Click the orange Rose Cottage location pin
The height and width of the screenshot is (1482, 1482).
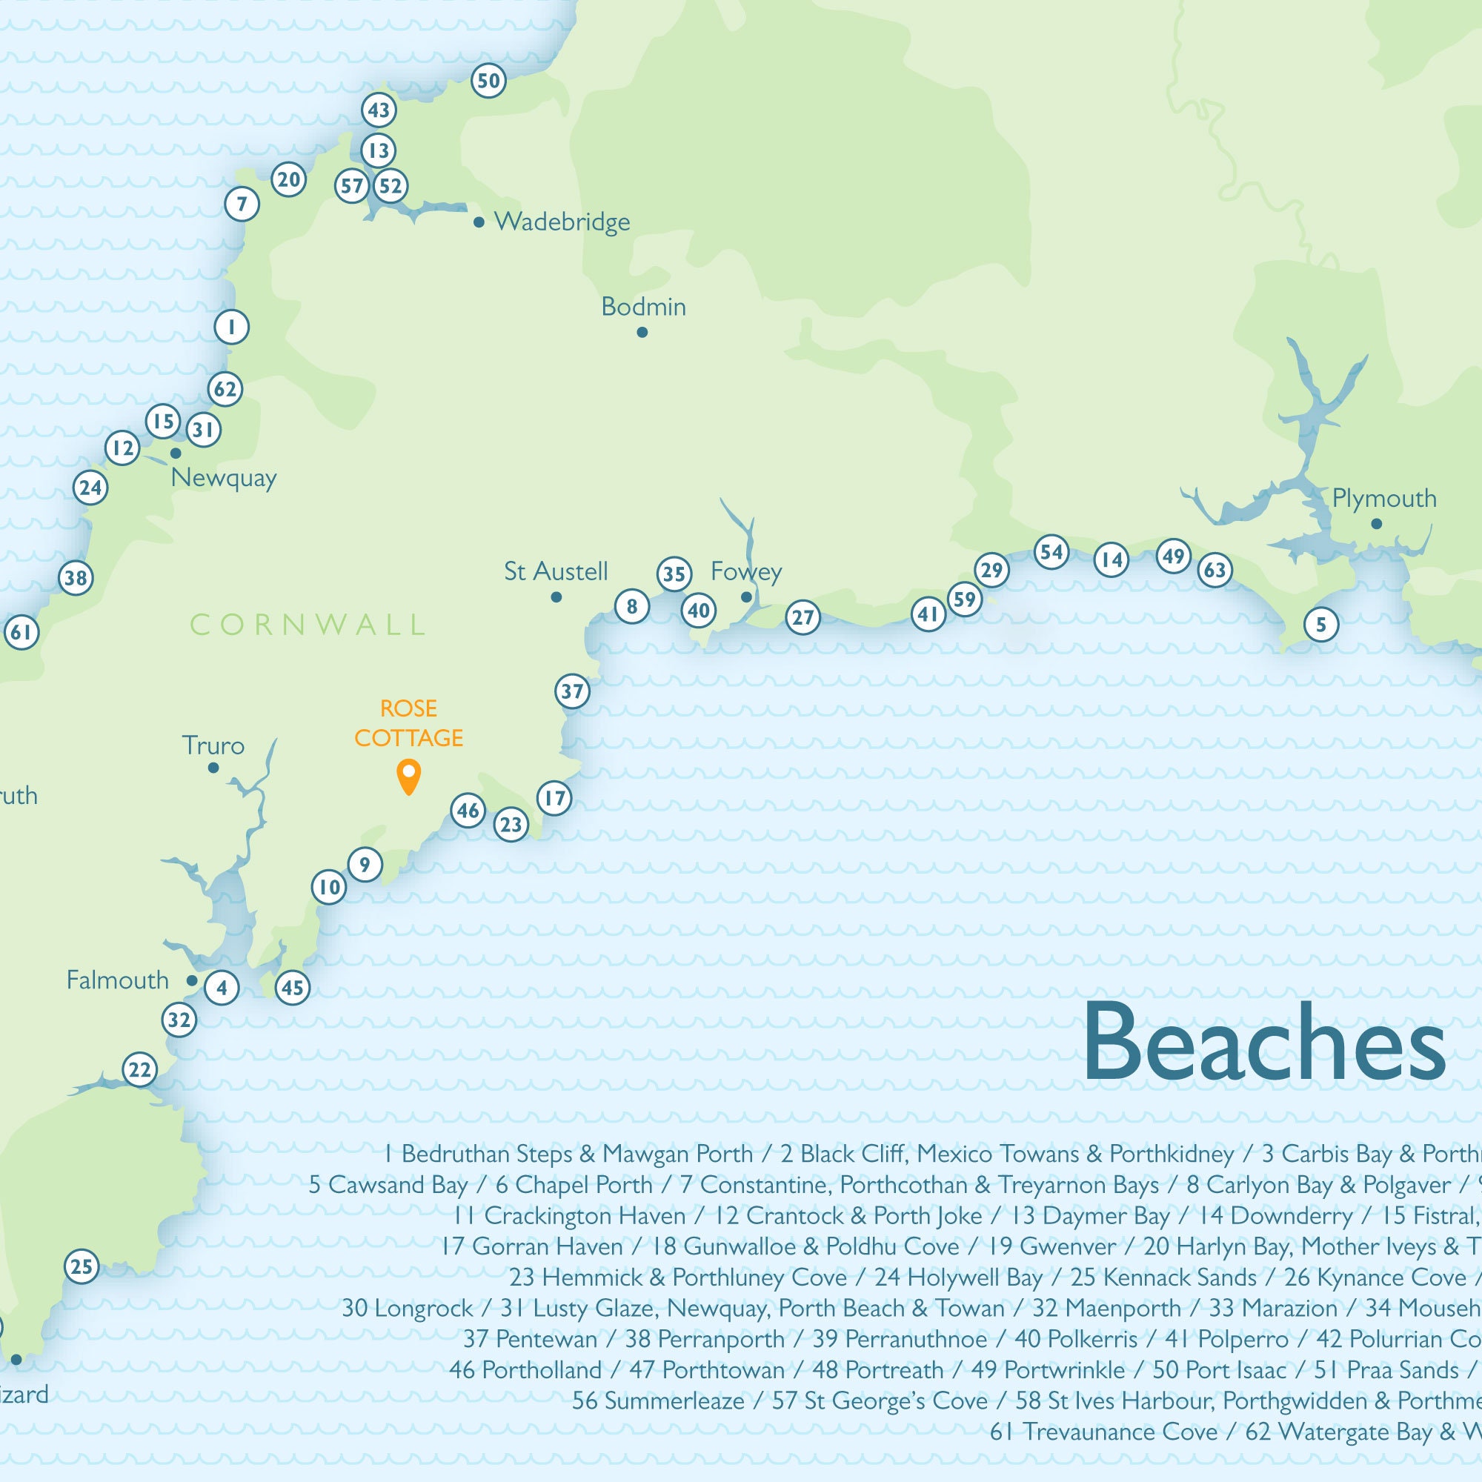point(409,775)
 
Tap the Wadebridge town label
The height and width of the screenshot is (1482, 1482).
point(562,222)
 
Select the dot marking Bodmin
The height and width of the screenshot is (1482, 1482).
point(642,332)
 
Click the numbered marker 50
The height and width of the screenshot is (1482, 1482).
point(488,81)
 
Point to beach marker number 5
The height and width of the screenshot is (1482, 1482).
point(1321,625)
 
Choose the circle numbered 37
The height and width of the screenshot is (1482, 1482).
point(572,691)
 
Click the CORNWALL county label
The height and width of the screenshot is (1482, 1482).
point(307,625)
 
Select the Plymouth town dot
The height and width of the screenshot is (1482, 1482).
point(1376,524)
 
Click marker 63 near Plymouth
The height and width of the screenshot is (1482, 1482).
point(1215,570)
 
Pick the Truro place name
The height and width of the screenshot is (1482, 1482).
point(213,745)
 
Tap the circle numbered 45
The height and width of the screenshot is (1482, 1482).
point(292,987)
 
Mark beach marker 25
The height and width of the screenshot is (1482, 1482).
point(82,1266)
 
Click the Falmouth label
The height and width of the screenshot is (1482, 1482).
point(117,980)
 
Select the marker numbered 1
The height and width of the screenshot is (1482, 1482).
point(231,328)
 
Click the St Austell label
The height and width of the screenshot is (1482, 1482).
point(555,571)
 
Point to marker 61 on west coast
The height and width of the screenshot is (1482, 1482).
point(21,632)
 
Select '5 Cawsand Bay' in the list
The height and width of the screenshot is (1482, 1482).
point(388,1185)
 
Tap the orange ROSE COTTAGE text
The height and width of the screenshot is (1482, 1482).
point(409,722)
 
